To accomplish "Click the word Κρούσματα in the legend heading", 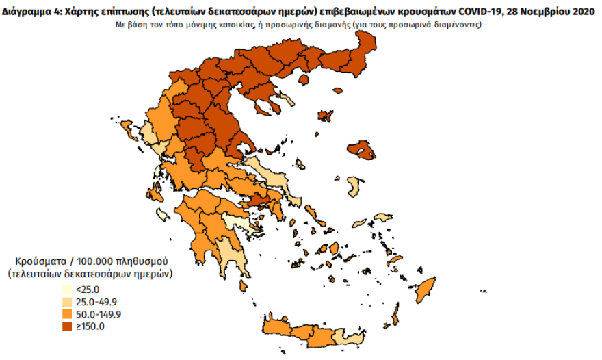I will tap(39, 261).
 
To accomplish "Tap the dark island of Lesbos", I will tap(362, 150).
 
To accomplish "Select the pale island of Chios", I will tap(354, 185).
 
